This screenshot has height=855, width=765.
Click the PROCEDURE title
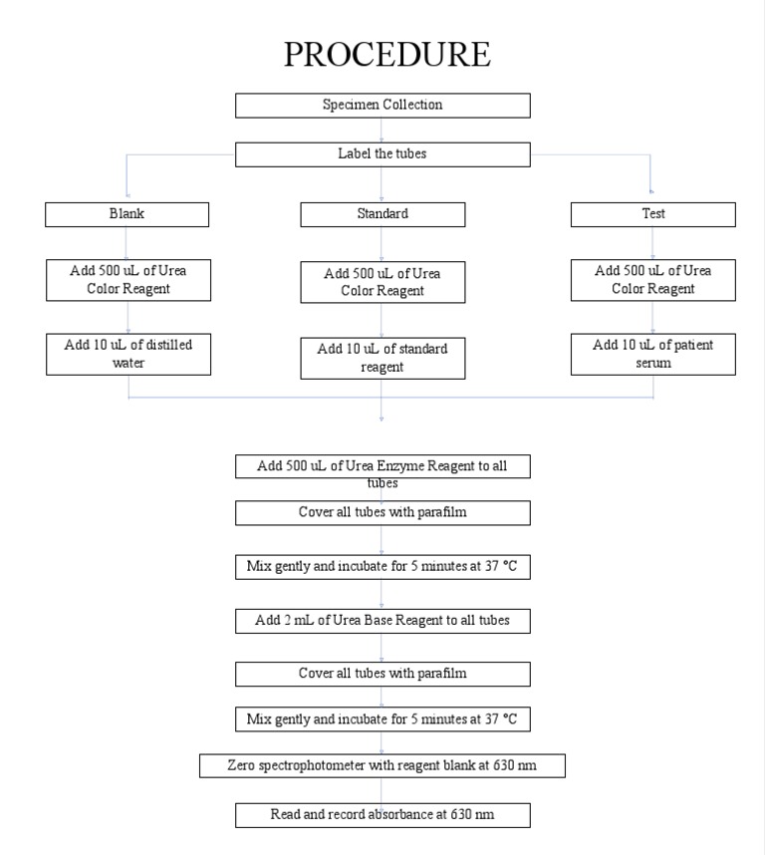click(x=386, y=54)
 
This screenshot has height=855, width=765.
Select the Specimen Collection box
click(x=382, y=105)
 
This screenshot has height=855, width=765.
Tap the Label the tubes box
click(x=382, y=154)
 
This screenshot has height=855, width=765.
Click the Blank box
click(x=127, y=214)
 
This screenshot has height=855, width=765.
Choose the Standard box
click(x=382, y=214)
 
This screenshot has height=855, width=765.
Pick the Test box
click(x=652, y=214)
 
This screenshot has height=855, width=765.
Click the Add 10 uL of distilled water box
click(x=128, y=355)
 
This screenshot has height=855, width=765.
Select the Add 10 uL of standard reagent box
click(x=382, y=358)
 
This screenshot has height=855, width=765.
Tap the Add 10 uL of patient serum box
click(x=652, y=355)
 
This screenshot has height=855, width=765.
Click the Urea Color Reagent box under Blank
click(x=128, y=280)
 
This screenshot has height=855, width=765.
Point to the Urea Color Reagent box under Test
click(x=652, y=280)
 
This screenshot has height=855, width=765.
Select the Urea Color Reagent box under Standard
click(x=382, y=282)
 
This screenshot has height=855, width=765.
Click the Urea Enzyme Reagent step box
click(x=382, y=466)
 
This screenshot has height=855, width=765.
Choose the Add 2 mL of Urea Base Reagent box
click(x=382, y=621)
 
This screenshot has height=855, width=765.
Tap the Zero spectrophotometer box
click(x=382, y=765)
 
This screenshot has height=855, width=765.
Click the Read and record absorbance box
click(x=382, y=815)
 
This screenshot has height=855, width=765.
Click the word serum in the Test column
click(x=653, y=364)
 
